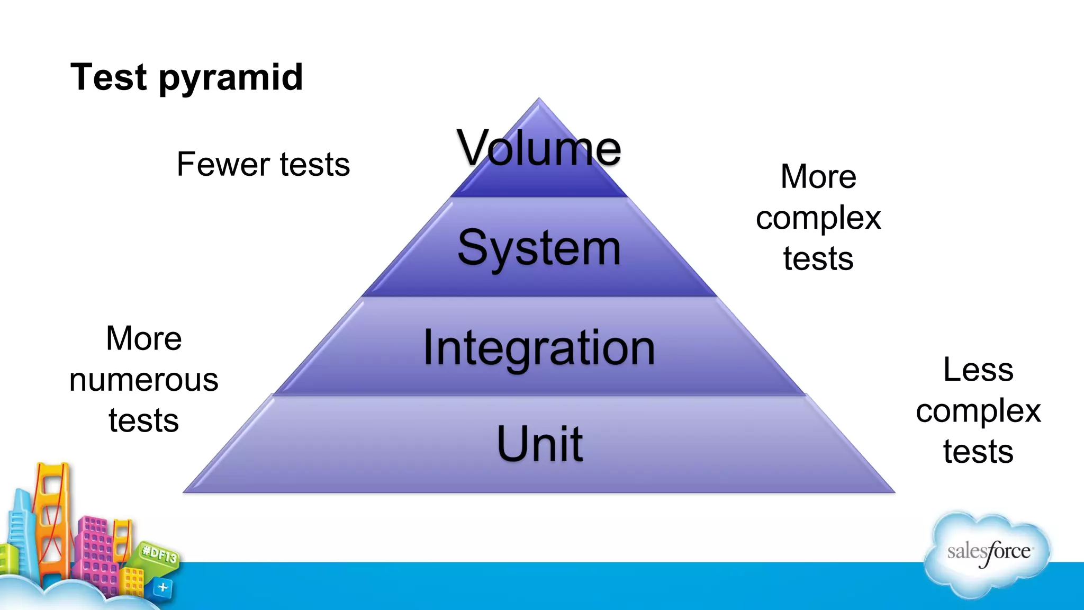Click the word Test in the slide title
[x=109, y=77]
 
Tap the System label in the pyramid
[x=539, y=248]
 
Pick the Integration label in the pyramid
[x=539, y=348]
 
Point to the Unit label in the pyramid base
[x=540, y=444]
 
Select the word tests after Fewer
[x=315, y=164]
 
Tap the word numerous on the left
[x=143, y=380]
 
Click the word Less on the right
[x=978, y=370]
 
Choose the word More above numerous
[x=143, y=338]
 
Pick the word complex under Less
[x=978, y=411]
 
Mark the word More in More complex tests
[x=818, y=176]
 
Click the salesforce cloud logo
[x=988, y=552]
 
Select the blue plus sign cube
[x=162, y=587]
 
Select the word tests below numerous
[x=143, y=421]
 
